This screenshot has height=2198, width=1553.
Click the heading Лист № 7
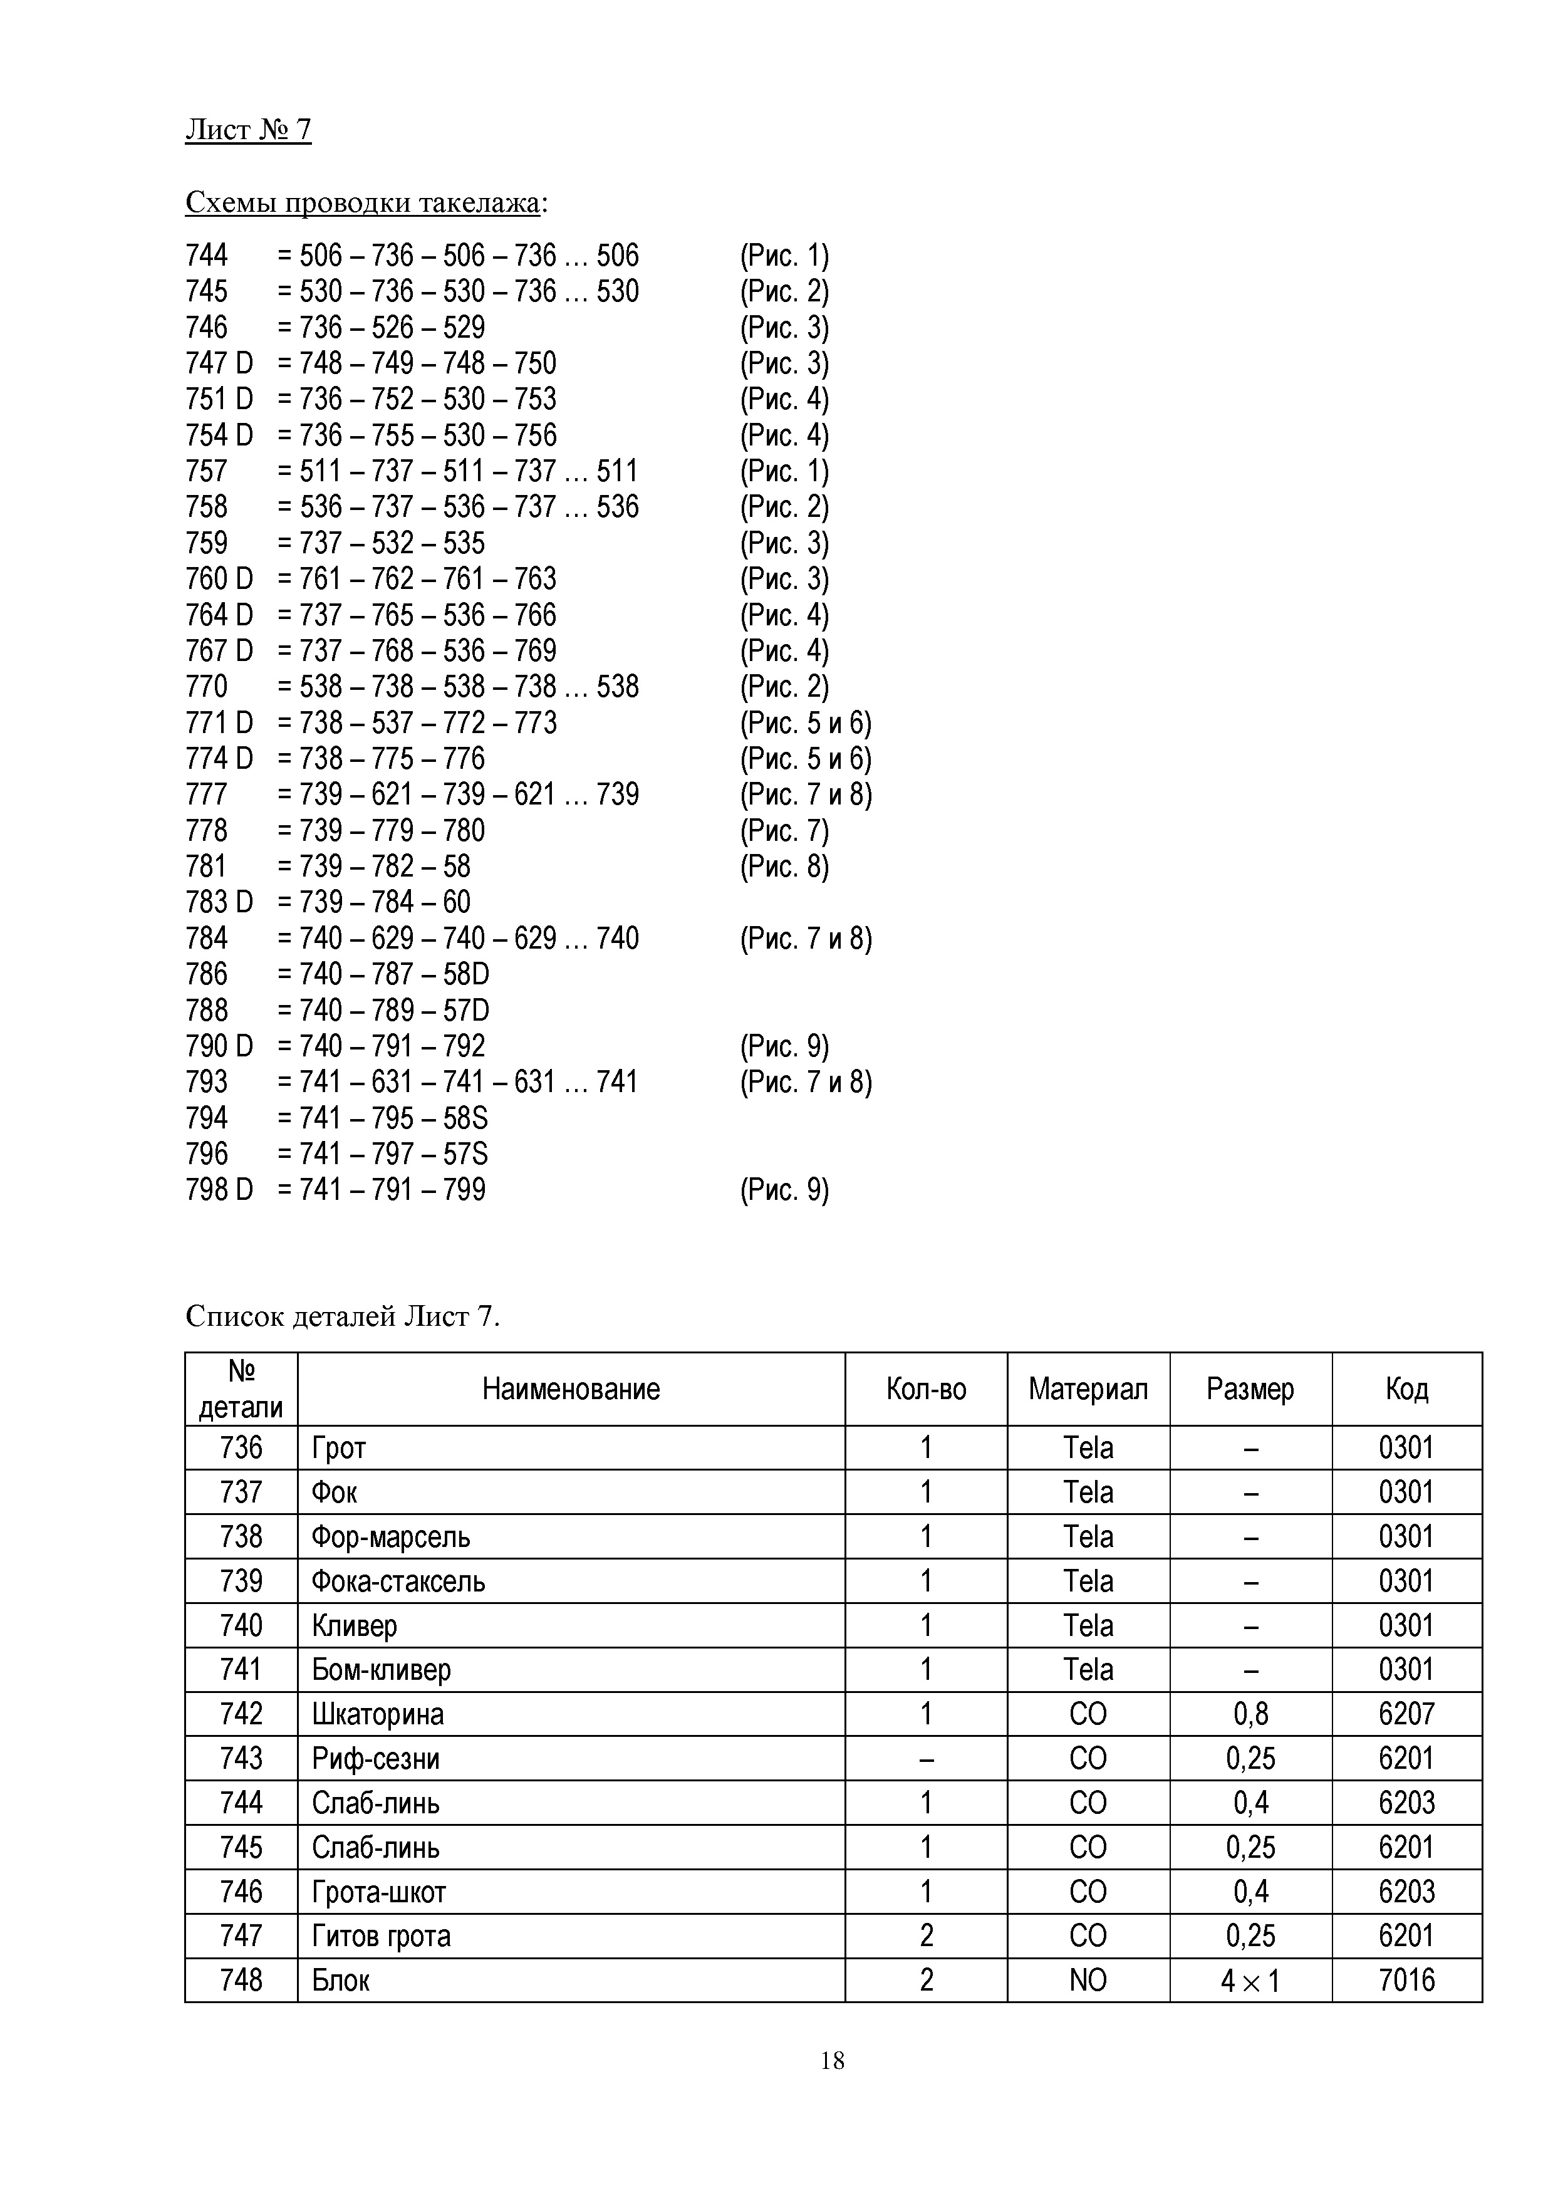click(x=248, y=129)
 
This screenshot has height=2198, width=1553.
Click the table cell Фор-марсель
click(x=390, y=1536)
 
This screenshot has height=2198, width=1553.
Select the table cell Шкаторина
click(x=377, y=1714)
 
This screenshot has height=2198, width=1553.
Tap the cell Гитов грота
click(x=381, y=1935)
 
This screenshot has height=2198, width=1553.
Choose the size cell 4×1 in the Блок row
click(x=1250, y=1980)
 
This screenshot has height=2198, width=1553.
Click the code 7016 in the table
click(x=1406, y=1980)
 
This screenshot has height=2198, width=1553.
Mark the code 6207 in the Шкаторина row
click(x=1406, y=1714)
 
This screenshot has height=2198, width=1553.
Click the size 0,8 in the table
click(x=1250, y=1714)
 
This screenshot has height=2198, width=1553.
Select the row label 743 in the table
click(x=241, y=1759)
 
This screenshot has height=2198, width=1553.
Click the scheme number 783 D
click(x=219, y=902)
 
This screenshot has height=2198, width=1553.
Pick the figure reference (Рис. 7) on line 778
click(x=784, y=830)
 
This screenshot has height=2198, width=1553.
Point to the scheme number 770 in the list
click(x=207, y=686)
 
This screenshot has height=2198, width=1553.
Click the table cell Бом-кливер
click(x=381, y=1670)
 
